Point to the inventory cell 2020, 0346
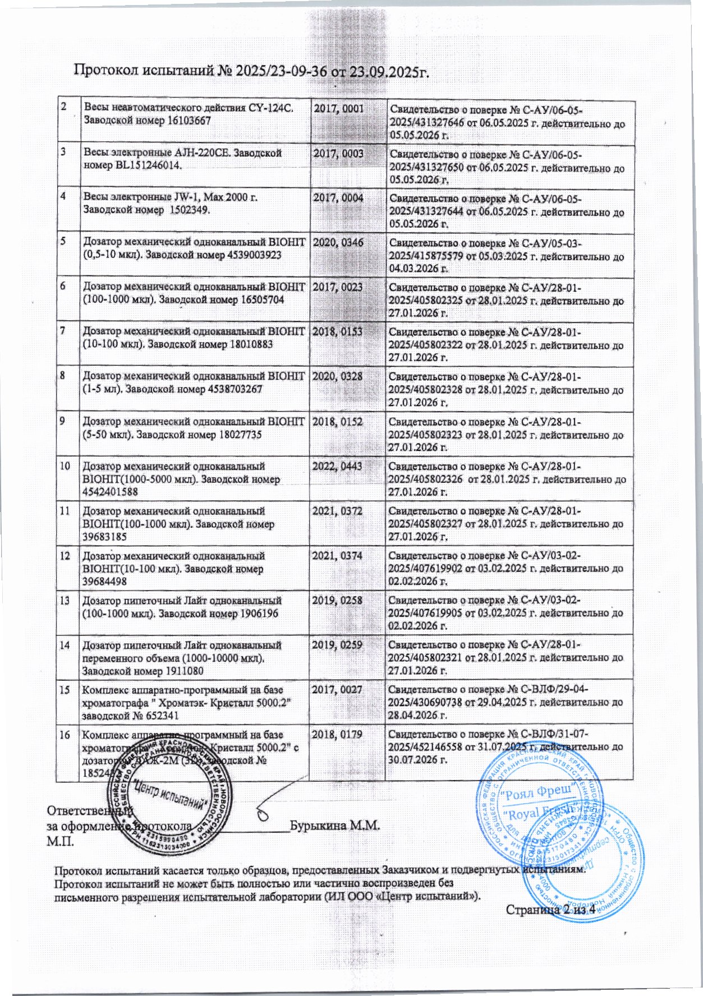coord(338,243)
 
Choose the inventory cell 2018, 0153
coord(338,331)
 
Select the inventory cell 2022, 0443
coord(338,466)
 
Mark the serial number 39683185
coord(105,537)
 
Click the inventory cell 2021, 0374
coord(338,556)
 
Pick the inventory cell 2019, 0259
coord(338,645)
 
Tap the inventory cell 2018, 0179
coord(338,735)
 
